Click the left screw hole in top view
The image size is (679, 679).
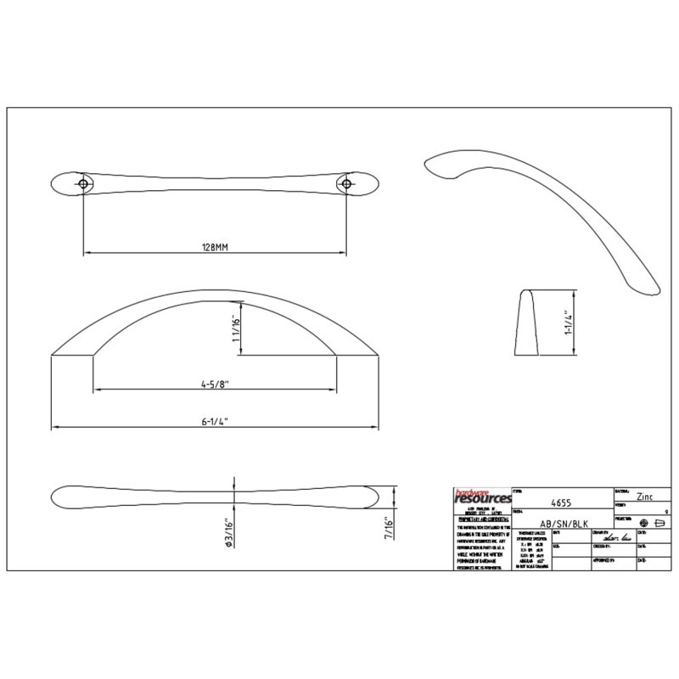[83, 182]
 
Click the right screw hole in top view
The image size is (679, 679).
[346, 182]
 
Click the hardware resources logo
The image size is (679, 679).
[484, 497]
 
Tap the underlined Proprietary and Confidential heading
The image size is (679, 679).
[481, 519]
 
